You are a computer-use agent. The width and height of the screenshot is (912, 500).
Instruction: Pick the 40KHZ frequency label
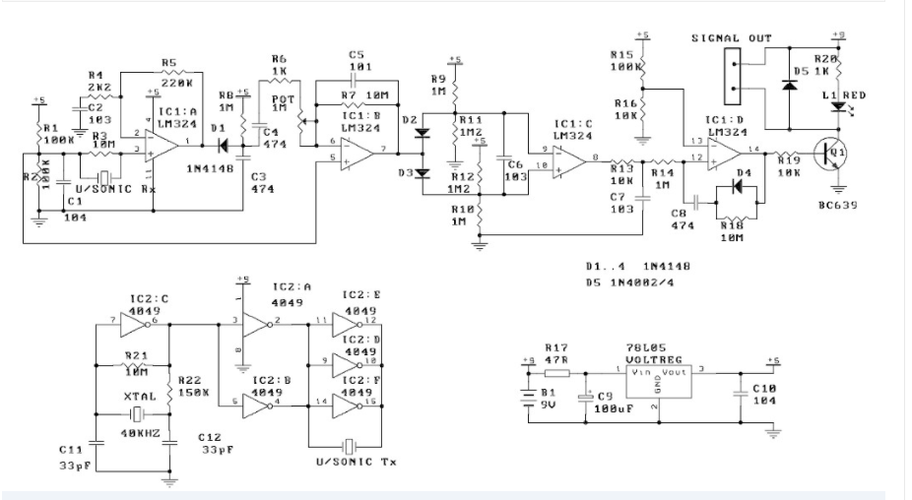(x=137, y=432)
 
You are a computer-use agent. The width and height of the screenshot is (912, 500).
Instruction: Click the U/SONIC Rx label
(x=116, y=188)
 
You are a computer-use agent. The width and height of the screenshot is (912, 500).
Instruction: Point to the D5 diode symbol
(x=788, y=85)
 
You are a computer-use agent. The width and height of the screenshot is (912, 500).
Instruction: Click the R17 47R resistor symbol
(x=557, y=372)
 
